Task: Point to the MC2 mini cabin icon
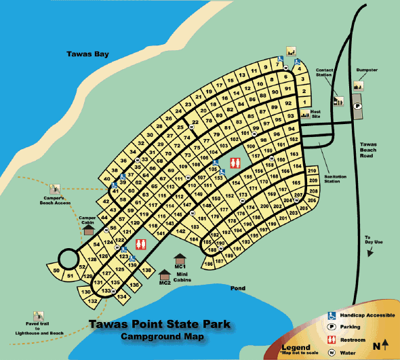(165, 275)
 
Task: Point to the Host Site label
(315, 113)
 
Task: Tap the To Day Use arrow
(368, 252)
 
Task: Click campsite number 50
(56, 272)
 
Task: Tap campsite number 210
(312, 172)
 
